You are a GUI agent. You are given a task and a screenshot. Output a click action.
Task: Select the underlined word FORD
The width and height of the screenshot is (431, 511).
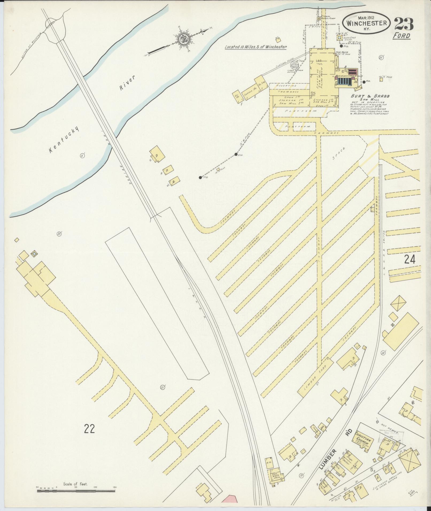[x=401, y=36]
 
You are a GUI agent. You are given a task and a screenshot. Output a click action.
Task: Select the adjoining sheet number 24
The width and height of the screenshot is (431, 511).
[x=409, y=259]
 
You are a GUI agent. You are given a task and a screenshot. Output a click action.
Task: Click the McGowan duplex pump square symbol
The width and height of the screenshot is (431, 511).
[x=319, y=18]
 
